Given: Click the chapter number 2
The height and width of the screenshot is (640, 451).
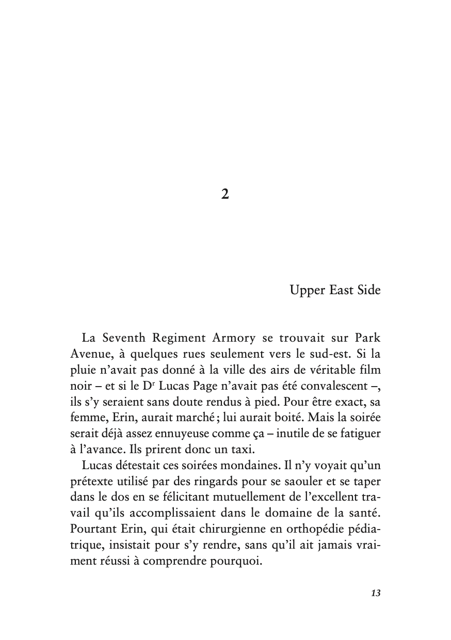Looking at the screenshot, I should [x=225, y=194].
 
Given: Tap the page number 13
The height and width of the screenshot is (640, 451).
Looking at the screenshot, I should [x=375, y=593].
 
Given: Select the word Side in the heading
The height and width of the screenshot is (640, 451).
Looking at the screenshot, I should [x=368, y=291].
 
